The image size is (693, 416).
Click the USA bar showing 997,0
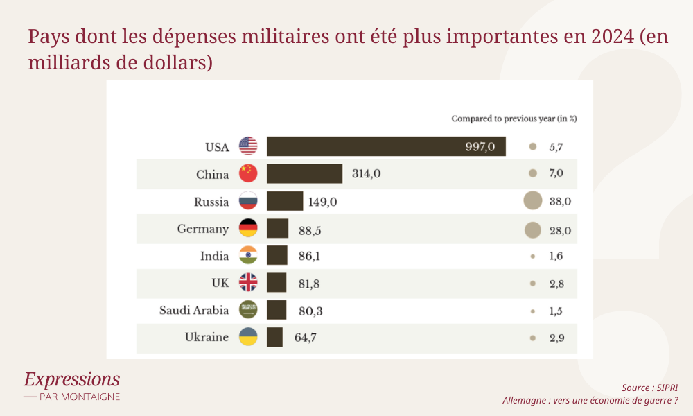[x=386, y=146]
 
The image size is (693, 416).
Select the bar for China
[x=305, y=173]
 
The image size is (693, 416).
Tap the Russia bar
[x=285, y=202]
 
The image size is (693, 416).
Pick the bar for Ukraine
[x=275, y=338]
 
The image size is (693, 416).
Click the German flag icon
[x=248, y=229]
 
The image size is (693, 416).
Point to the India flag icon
[x=248, y=256]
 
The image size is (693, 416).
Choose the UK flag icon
[x=248, y=282]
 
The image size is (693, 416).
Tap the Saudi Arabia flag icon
[x=248, y=310]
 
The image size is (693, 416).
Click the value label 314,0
[x=366, y=173]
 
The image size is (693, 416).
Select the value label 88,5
[x=310, y=229]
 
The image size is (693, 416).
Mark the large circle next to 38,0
[x=532, y=202]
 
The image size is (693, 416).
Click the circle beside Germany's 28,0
[x=532, y=229]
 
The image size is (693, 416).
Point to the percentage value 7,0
[x=556, y=173]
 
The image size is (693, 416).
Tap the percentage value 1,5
[x=556, y=311]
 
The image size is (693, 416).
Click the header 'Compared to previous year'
[x=514, y=119]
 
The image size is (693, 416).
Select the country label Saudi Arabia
[x=194, y=310]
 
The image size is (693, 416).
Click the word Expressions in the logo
[x=71, y=379]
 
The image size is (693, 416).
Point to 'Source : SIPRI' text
[x=649, y=388]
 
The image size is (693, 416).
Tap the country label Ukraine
[x=207, y=338]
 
